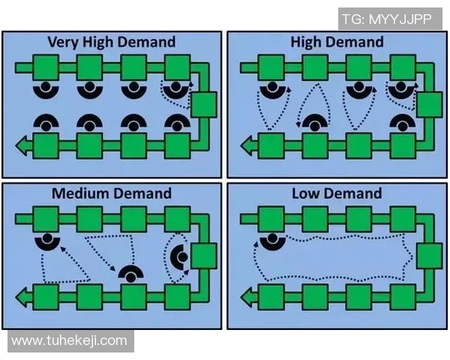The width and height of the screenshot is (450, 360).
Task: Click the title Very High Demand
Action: tap(111, 42)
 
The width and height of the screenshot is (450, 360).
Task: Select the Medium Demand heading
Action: tap(111, 193)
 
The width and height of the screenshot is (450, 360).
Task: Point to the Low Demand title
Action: tap(336, 193)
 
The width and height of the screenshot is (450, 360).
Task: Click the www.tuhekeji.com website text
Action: tap(69, 340)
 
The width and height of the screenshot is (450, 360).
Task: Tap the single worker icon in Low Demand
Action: tap(268, 240)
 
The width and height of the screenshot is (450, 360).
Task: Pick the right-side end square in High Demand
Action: tap(428, 104)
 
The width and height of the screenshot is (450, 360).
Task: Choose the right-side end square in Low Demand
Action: tap(428, 256)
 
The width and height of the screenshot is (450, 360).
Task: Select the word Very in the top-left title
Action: tap(63, 42)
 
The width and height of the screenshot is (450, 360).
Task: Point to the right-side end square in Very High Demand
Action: tap(203, 104)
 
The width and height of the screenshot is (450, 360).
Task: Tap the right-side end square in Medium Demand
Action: tap(203, 256)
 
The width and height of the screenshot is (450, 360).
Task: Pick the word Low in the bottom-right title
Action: tap(307, 193)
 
